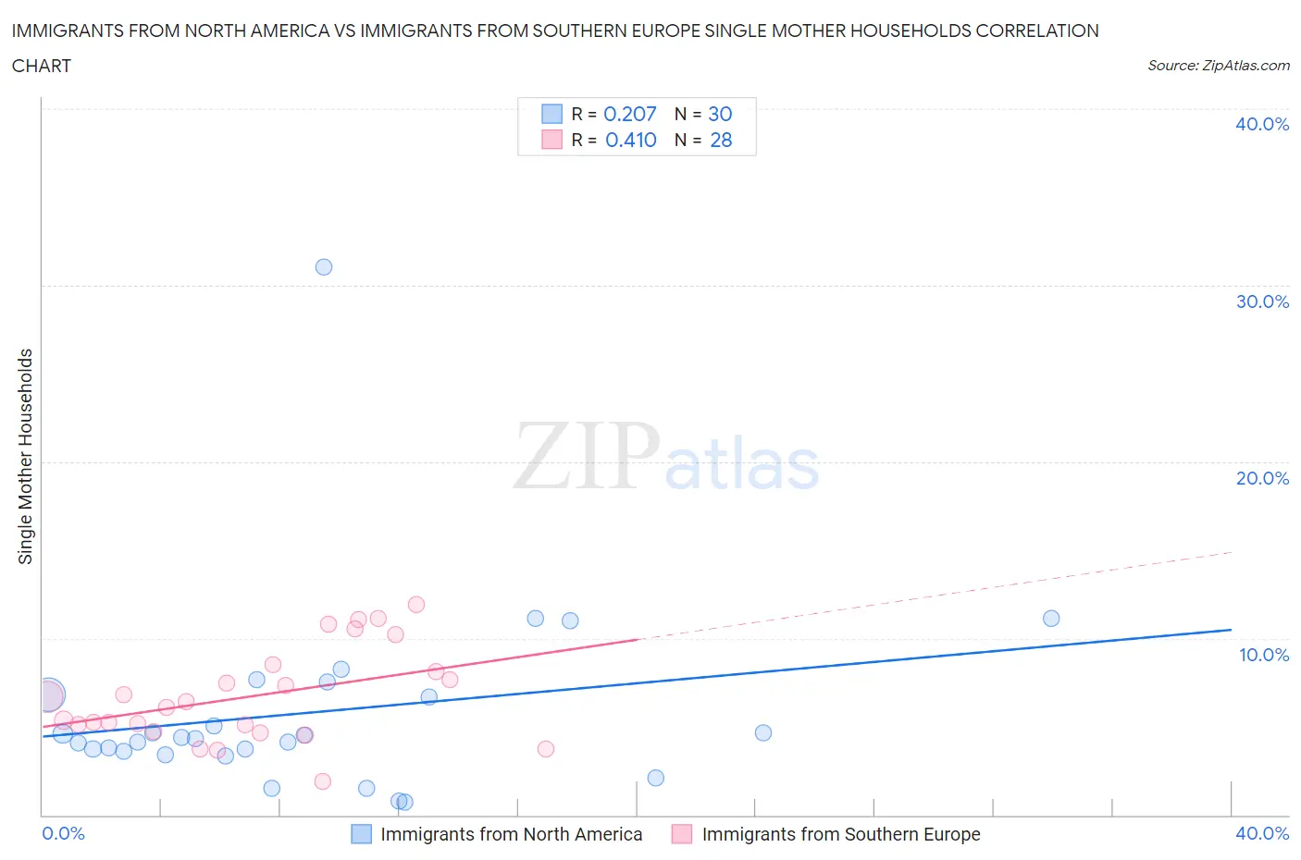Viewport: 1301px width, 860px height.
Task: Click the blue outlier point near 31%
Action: [x=324, y=267]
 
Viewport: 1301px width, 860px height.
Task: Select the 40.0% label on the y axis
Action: [x=1262, y=124]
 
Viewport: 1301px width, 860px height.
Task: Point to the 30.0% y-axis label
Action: [x=1262, y=301]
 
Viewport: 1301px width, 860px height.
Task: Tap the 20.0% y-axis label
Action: [x=1262, y=478]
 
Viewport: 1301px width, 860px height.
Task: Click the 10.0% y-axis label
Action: [x=1264, y=655]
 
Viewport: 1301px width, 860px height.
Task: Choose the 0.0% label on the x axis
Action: [x=63, y=833]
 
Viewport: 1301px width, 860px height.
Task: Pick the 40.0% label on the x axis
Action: [x=1262, y=833]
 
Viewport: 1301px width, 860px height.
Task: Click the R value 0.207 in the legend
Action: [x=629, y=114]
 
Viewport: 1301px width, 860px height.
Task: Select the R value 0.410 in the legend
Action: [x=630, y=140]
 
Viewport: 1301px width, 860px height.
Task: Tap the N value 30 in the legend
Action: [x=720, y=114]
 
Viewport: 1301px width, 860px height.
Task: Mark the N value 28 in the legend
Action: [x=721, y=140]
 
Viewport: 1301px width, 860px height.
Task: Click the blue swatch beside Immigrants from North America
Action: [x=362, y=834]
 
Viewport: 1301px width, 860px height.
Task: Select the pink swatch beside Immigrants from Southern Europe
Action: [x=682, y=834]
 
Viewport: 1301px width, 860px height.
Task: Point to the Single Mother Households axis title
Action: [x=26, y=456]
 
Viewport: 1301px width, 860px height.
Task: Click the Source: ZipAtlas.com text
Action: [x=1218, y=66]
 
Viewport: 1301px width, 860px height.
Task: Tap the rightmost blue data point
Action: [x=1051, y=619]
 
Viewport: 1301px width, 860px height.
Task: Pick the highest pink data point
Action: [x=416, y=605]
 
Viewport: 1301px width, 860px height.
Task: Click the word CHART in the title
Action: [x=42, y=66]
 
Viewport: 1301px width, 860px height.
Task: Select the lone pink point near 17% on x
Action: [x=546, y=749]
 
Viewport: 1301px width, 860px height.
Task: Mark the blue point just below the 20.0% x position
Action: [x=656, y=778]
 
